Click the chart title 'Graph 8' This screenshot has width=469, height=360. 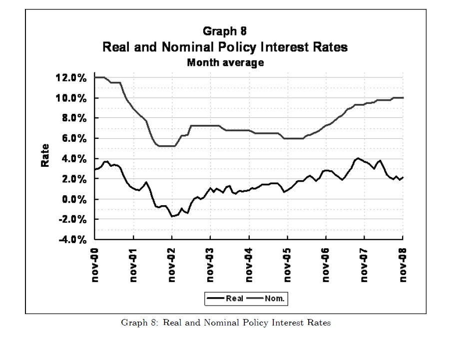pos(225,31)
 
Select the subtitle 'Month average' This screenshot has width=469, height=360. pos(225,63)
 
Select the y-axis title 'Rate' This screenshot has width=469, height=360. pos(45,156)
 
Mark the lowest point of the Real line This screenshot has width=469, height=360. pos(172,216)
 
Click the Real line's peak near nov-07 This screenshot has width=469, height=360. pos(358,158)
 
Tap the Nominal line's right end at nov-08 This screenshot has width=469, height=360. pos(402,98)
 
